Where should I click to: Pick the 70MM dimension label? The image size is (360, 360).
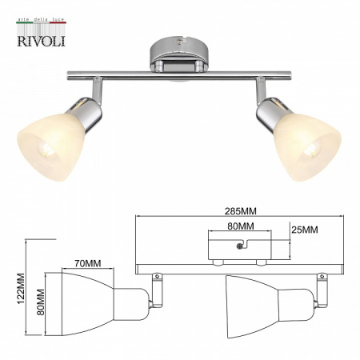pos(86,263)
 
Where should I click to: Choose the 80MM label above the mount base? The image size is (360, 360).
pos(241,226)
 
